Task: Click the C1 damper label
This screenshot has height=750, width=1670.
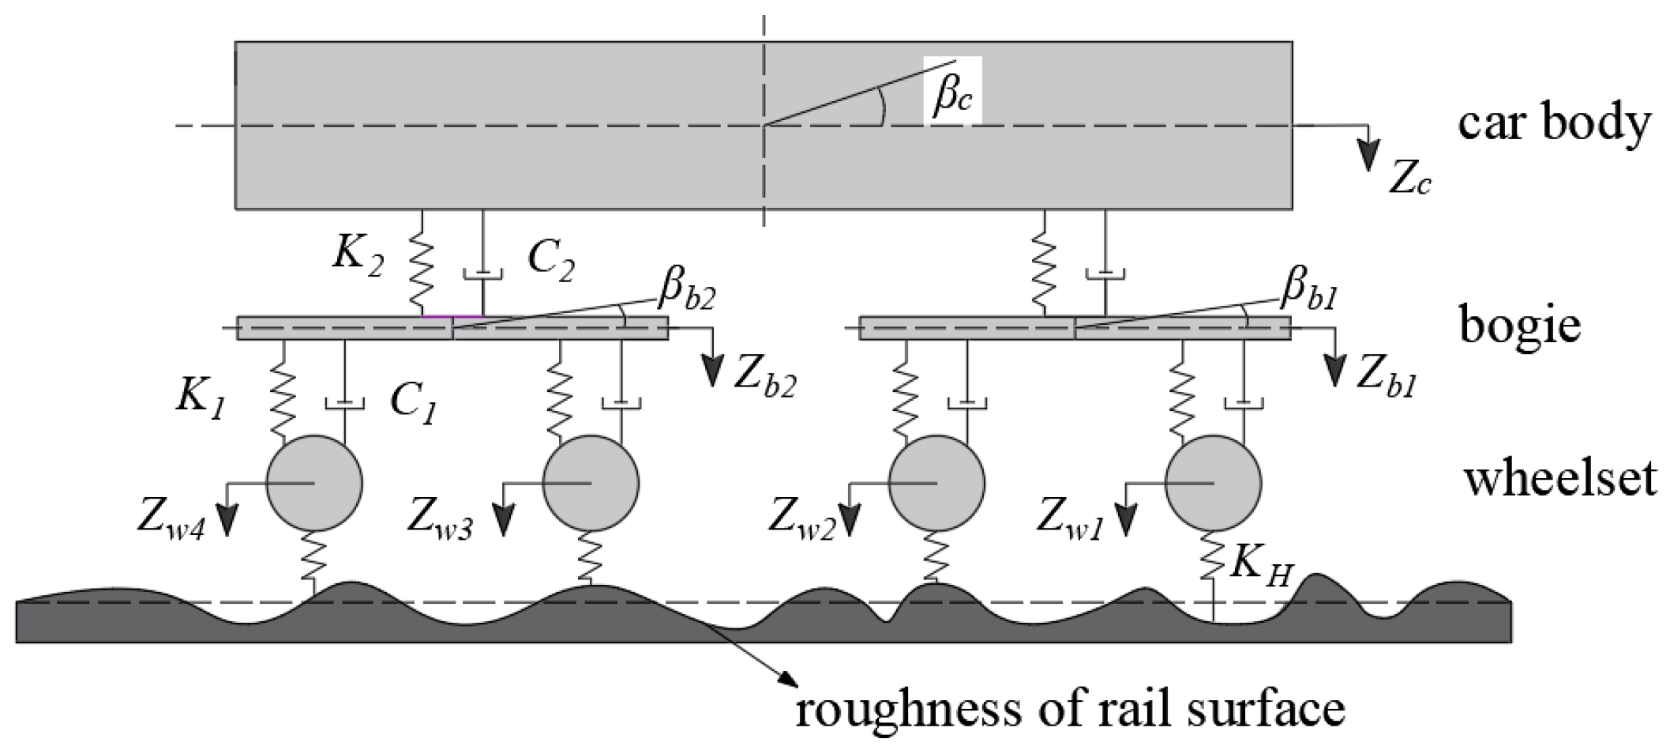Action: (x=413, y=405)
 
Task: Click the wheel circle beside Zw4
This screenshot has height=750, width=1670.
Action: (x=314, y=483)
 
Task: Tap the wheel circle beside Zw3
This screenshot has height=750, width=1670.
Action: (x=591, y=483)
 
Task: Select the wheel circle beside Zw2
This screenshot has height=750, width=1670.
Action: (x=936, y=483)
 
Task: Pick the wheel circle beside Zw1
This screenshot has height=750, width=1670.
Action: (x=1213, y=483)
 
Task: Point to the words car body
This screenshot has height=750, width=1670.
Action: (x=1553, y=124)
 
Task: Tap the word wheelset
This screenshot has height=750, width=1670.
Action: (x=1560, y=478)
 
